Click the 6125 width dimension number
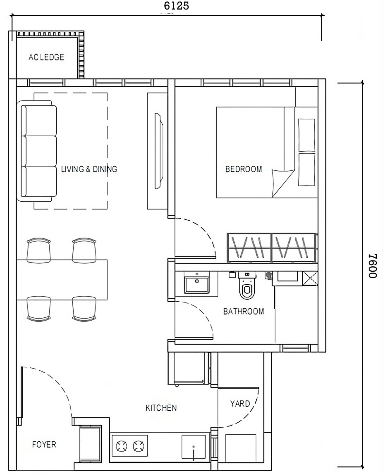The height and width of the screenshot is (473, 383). click(176, 6)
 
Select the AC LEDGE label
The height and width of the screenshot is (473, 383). click(46, 57)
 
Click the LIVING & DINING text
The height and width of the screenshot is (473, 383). click(89, 169)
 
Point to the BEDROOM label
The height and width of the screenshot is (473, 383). click(244, 169)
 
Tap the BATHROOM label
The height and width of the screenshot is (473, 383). click(244, 311)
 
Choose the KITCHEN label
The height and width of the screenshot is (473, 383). click(161, 408)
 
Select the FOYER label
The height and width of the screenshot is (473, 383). click(44, 444)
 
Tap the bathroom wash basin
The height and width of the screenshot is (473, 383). click(197, 282)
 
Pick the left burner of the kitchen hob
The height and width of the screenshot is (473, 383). click(122, 446)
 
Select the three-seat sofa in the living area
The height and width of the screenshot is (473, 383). click(37, 151)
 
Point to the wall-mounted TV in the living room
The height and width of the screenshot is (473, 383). click(159, 151)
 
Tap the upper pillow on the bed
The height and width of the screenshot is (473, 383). click(306, 135)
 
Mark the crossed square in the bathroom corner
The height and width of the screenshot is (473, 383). click(310, 279)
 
